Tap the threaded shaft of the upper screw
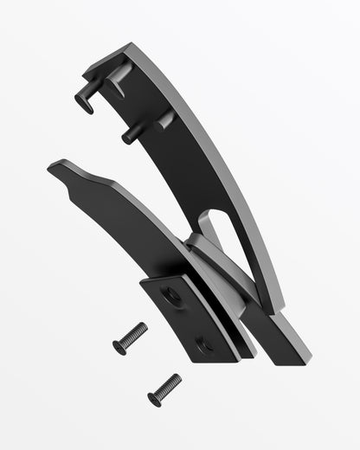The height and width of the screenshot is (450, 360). (134, 334)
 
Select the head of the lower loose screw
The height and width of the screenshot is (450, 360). (155, 398)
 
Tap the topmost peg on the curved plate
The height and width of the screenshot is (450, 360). (85, 103)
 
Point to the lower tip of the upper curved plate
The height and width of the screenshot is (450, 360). (275, 307)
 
